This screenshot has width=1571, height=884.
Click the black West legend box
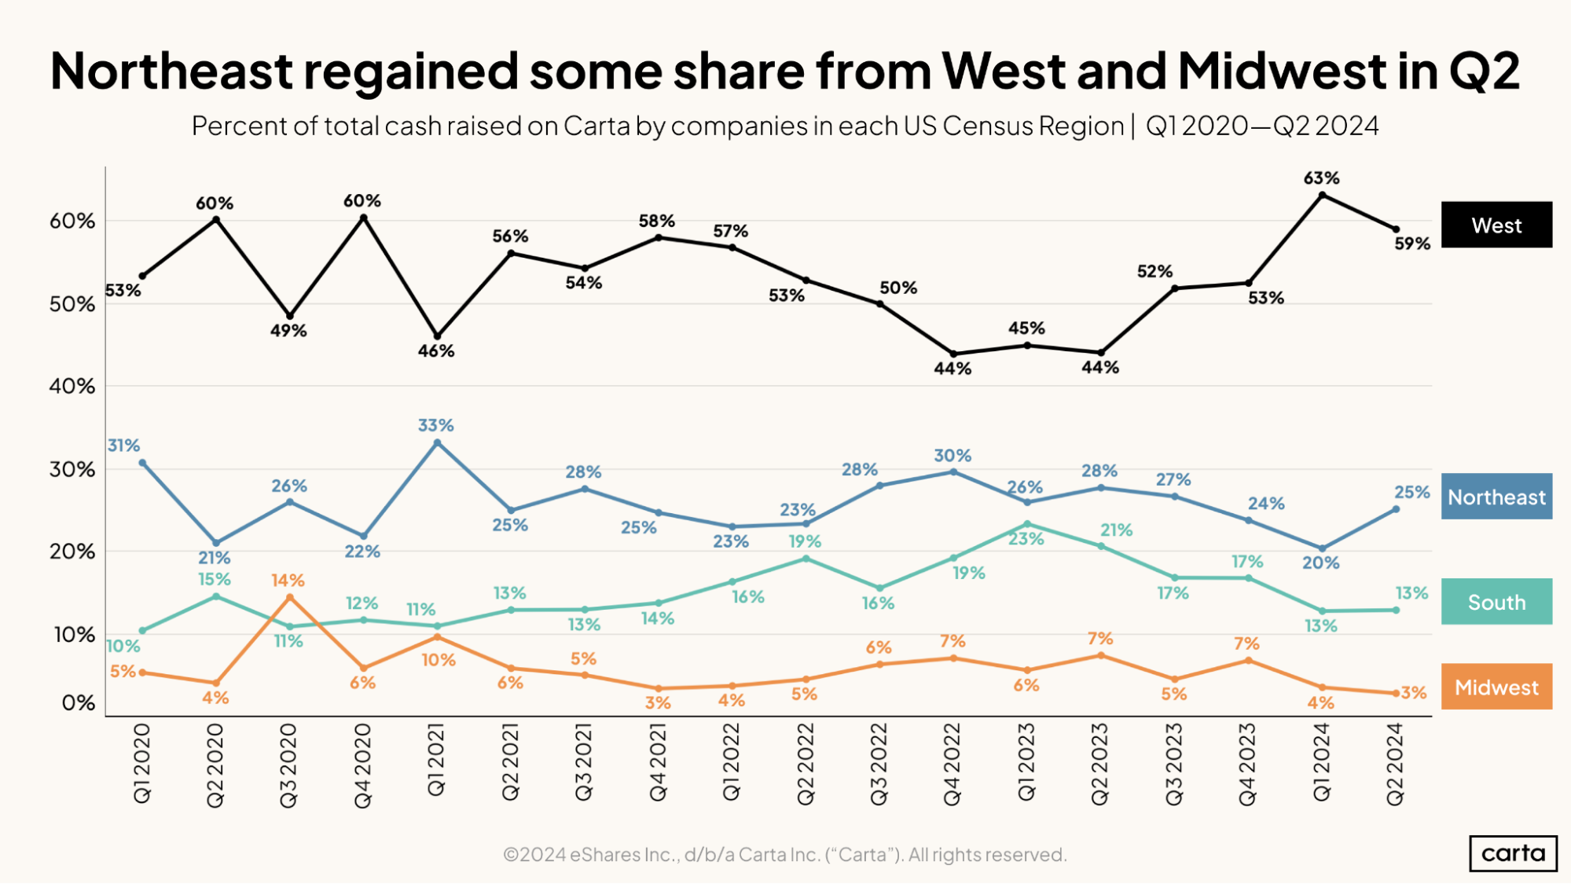pyautogui.click(x=1496, y=226)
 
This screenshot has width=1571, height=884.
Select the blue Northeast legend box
pyautogui.click(x=1496, y=497)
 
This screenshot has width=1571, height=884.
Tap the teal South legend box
pyautogui.click(x=1496, y=602)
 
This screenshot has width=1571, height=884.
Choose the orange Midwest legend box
pyautogui.click(x=1496, y=687)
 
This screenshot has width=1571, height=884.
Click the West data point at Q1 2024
pyautogui.click(x=1322, y=195)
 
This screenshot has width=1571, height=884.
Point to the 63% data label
pyautogui.click(x=1321, y=178)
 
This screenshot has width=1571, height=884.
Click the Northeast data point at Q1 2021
pyautogui.click(x=438, y=443)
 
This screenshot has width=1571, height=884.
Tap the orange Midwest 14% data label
pyautogui.click(x=288, y=580)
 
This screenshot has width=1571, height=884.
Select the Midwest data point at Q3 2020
pyautogui.click(x=290, y=597)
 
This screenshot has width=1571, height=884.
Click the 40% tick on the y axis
pyautogui.click(x=72, y=386)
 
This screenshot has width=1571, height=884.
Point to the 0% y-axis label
pyautogui.click(x=79, y=702)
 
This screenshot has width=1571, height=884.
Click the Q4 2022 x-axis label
pyautogui.click(x=952, y=765)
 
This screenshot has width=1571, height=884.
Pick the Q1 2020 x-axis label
pyautogui.click(x=142, y=763)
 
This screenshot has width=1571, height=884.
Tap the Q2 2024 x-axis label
pyautogui.click(x=1395, y=765)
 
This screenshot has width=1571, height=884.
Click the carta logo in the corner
pyautogui.click(x=1513, y=853)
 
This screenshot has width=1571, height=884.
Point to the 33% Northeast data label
pyautogui.click(x=435, y=425)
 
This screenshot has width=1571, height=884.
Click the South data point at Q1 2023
pyautogui.click(x=1027, y=524)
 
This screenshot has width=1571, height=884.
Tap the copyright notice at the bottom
pyautogui.click(x=784, y=854)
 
